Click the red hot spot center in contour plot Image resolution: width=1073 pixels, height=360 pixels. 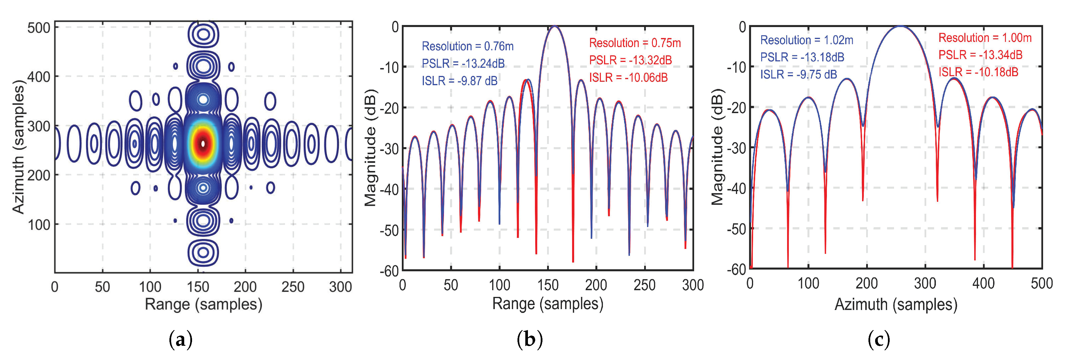(x=203, y=143)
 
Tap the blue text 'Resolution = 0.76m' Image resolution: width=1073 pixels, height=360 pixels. (x=467, y=46)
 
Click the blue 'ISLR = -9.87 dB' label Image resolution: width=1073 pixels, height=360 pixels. (x=459, y=81)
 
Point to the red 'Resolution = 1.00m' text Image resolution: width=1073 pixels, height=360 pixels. (x=985, y=38)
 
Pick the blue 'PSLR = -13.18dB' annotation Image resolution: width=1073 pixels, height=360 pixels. (x=802, y=57)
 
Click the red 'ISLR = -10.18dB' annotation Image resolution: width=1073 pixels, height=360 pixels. (x=978, y=72)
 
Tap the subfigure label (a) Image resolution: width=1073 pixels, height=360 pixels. (x=180, y=340)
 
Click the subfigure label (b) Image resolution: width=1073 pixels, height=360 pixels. (x=529, y=340)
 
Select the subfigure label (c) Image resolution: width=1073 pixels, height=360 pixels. (x=879, y=340)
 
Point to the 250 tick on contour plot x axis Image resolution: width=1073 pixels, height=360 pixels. (x=293, y=287)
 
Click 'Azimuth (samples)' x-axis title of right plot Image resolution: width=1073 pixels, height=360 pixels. (x=895, y=304)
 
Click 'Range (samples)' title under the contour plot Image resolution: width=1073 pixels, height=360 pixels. (x=203, y=304)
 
